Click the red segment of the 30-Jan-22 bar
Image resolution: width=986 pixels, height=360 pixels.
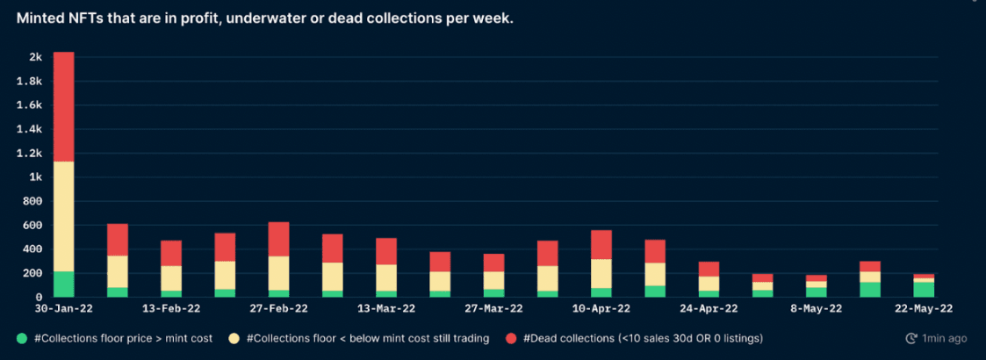(x=64, y=106)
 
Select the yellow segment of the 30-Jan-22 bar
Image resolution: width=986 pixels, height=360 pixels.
(x=64, y=216)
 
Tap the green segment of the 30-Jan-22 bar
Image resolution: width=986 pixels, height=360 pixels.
(x=64, y=284)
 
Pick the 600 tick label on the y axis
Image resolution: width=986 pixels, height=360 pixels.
(x=33, y=225)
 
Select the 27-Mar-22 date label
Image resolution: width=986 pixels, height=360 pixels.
(x=494, y=309)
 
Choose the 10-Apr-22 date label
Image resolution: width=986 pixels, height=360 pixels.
(x=601, y=309)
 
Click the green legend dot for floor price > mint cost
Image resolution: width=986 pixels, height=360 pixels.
(x=23, y=338)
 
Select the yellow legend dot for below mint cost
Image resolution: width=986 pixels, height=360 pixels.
(x=234, y=338)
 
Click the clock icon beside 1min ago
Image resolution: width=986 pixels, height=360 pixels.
(x=910, y=338)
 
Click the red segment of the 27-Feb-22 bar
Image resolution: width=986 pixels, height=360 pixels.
(x=279, y=239)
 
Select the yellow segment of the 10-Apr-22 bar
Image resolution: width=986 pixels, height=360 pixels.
(x=601, y=273)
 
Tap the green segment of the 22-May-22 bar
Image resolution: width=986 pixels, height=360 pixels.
(x=924, y=289)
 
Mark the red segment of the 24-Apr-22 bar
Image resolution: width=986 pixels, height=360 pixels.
(x=709, y=269)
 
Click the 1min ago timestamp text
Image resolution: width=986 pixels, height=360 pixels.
(x=945, y=338)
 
